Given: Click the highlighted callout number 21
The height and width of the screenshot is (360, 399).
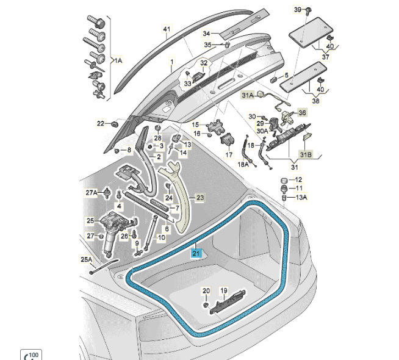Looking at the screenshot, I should [196, 254].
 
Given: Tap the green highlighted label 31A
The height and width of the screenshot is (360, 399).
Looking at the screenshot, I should [246, 96].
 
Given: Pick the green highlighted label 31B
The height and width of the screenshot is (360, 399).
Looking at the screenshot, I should [304, 155].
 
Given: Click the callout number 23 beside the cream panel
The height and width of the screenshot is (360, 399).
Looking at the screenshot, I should [200, 198].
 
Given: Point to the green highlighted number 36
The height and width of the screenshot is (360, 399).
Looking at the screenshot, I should [301, 113].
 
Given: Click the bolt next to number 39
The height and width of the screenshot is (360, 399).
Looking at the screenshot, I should [308, 10].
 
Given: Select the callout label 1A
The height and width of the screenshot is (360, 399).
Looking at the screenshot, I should [117, 60].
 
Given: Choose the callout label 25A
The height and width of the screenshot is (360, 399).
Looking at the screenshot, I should [86, 259].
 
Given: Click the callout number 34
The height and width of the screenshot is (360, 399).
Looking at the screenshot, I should [206, 33].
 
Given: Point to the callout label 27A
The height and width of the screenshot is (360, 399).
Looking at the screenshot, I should [91, 193].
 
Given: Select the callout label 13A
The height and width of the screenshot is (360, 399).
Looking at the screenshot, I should [301, 198].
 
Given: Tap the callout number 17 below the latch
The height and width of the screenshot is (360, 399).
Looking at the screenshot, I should [229, 155].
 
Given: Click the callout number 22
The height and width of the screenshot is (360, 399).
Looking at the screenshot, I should [101, 123].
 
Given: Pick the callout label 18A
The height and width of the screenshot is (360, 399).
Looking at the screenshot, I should [243, 165].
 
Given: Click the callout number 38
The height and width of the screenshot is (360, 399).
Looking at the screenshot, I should [315, 101].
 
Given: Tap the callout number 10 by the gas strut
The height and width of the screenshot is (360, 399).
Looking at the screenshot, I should [162, 237].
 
